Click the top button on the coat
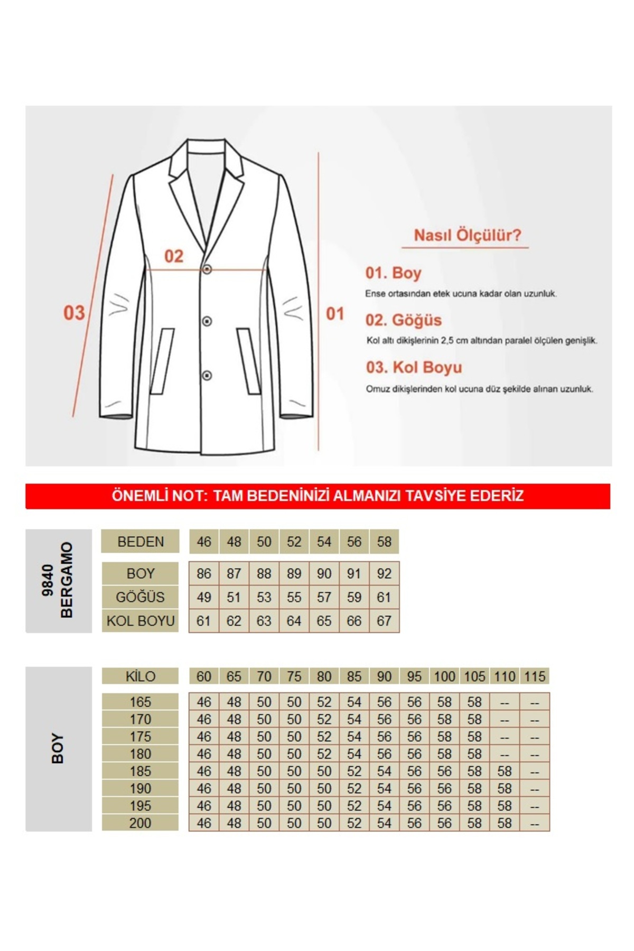click(x=207, y=269)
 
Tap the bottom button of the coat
click(x=207, y=376)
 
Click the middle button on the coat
click(x=207, y=321)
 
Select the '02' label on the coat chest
click(x=174, y=257)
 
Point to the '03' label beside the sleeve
click(x=74, y=313)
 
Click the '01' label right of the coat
click(x=334, y=314)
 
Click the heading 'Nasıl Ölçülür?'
click(x=467, y=236)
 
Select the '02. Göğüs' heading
click(x=403, y=320)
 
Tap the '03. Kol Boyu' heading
click(x=414, y=367)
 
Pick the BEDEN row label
click(x=141, y=542)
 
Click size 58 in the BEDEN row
click(x=384, y=542)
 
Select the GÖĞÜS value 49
click(x=203, y=598)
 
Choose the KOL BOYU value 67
click(x=384, y=621)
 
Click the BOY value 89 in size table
click(x=294, y=574)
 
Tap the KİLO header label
click(x=141, y=677)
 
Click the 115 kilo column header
click(x=535, y=677)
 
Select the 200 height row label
click(x=141, y=823)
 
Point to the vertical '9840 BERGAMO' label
click(x=58, y=580)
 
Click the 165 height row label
click(x=141, y=702)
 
